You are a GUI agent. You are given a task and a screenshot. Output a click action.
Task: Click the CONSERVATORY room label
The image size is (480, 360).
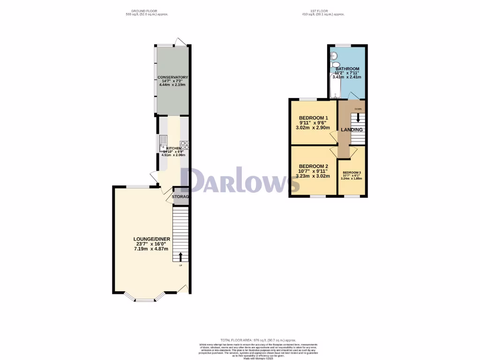point(172,77)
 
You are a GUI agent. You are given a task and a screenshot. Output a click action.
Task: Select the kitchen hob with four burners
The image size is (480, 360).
point(184,145)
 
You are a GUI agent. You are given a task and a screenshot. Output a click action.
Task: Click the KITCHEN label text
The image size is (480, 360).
point(173,148)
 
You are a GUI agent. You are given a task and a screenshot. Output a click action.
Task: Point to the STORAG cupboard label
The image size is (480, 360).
point(180,197)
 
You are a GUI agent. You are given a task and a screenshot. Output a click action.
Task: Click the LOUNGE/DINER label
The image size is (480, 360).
point(151,239)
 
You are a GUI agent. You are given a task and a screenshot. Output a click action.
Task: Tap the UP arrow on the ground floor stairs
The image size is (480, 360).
point(180,256)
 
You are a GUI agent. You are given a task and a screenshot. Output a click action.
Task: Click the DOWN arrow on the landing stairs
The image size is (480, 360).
point(358,117)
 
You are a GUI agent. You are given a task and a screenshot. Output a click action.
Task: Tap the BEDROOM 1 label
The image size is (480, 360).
point(314,118)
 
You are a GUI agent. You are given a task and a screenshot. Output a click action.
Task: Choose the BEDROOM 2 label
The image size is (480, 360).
point(314,166)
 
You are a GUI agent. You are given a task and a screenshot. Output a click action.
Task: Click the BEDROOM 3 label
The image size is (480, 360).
point(351,172)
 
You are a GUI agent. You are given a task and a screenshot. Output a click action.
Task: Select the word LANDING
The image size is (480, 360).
point(352,130)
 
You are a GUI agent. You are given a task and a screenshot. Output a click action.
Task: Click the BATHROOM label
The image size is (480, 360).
point(347,69)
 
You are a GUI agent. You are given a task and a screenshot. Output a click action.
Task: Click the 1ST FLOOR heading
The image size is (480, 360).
point(323,11)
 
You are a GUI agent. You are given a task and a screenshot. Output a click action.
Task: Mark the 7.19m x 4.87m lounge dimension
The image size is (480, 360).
point(151,249)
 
